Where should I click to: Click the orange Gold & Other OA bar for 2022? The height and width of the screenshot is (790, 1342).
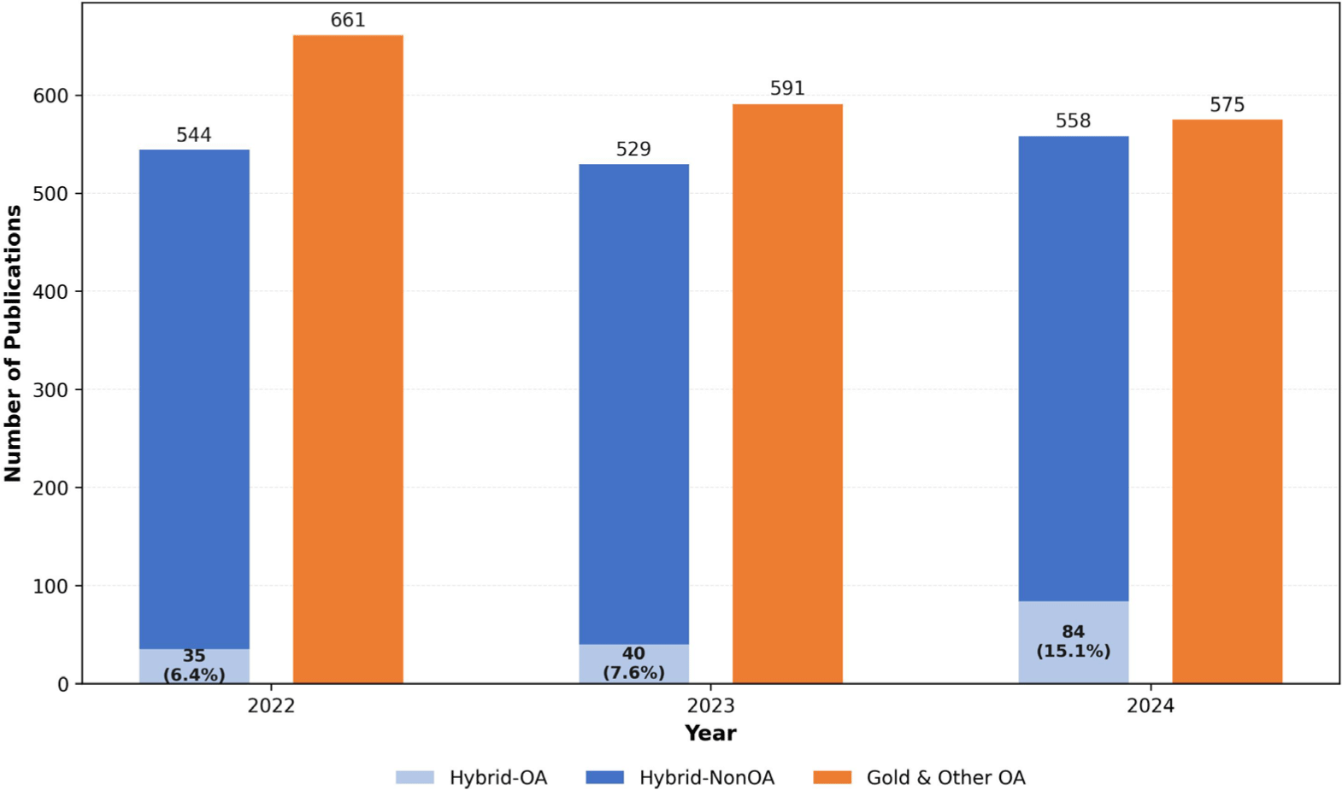348,359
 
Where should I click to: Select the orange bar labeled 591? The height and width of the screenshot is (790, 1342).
787,393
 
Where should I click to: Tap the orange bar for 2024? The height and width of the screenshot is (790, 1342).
1227,401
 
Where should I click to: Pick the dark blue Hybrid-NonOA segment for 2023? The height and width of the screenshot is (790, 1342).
633,401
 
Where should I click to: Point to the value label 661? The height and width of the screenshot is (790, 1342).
348,20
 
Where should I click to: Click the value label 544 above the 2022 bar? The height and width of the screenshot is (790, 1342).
194,135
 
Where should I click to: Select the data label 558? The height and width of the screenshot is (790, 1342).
1073,121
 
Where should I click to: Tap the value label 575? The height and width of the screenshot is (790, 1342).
1227,105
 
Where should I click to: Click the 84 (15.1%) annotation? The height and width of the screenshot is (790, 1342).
1073,641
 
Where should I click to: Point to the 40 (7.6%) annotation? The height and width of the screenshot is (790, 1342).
633,664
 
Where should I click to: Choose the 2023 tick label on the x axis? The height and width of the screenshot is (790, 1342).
710,705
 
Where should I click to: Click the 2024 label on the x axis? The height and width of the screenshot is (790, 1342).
1150,705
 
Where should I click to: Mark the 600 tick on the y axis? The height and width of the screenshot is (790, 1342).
50,96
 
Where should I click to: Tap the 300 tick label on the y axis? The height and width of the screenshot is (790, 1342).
50,390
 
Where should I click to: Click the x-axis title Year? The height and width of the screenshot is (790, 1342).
710,733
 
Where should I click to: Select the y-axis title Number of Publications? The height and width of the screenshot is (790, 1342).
13,343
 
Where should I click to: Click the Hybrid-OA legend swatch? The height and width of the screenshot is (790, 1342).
415,777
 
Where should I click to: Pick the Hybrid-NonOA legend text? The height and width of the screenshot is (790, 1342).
706,777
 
